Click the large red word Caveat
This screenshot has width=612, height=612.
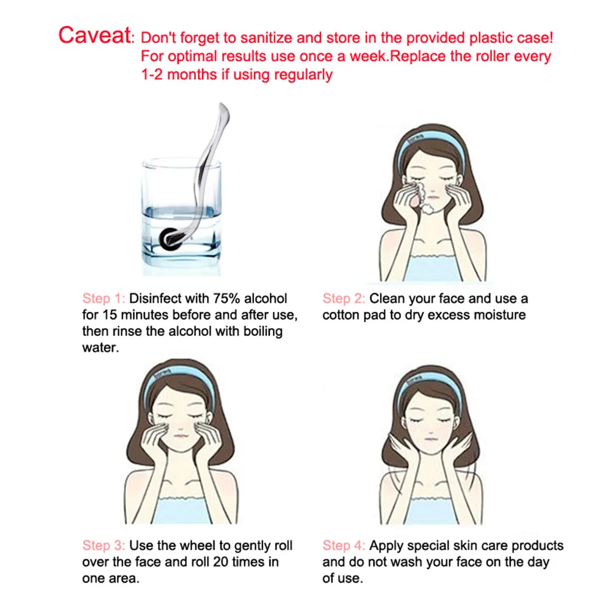tap(94, 35)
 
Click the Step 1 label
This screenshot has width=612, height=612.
tap(103, 299)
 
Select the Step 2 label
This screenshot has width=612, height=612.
tap(343, 299)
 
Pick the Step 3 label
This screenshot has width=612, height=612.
tap(103, 545)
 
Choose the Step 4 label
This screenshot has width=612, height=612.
tap(343, 545)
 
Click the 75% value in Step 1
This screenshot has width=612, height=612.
tap(226, 299)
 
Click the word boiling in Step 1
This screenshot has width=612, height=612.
tap(263, 332)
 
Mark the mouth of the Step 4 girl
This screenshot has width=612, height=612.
tap(430, 439)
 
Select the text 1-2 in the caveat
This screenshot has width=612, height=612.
tap(152, 74)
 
